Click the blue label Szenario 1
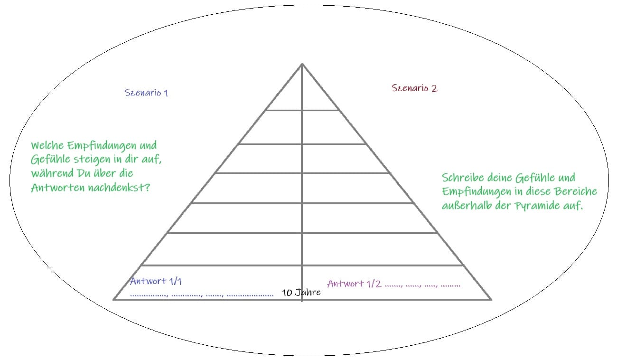tap(146, 93)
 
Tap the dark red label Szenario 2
tap(414, 88)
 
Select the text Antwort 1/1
tap(156, 281)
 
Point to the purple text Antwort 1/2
tap(354, 284)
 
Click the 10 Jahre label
tap(301, 293)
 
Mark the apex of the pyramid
tap(302, 64)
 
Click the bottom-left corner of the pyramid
tap(114, 299)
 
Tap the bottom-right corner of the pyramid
tap(491, 299)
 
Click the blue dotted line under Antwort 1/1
tap(202, 295)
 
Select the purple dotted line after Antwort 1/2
tap(422, 286)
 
